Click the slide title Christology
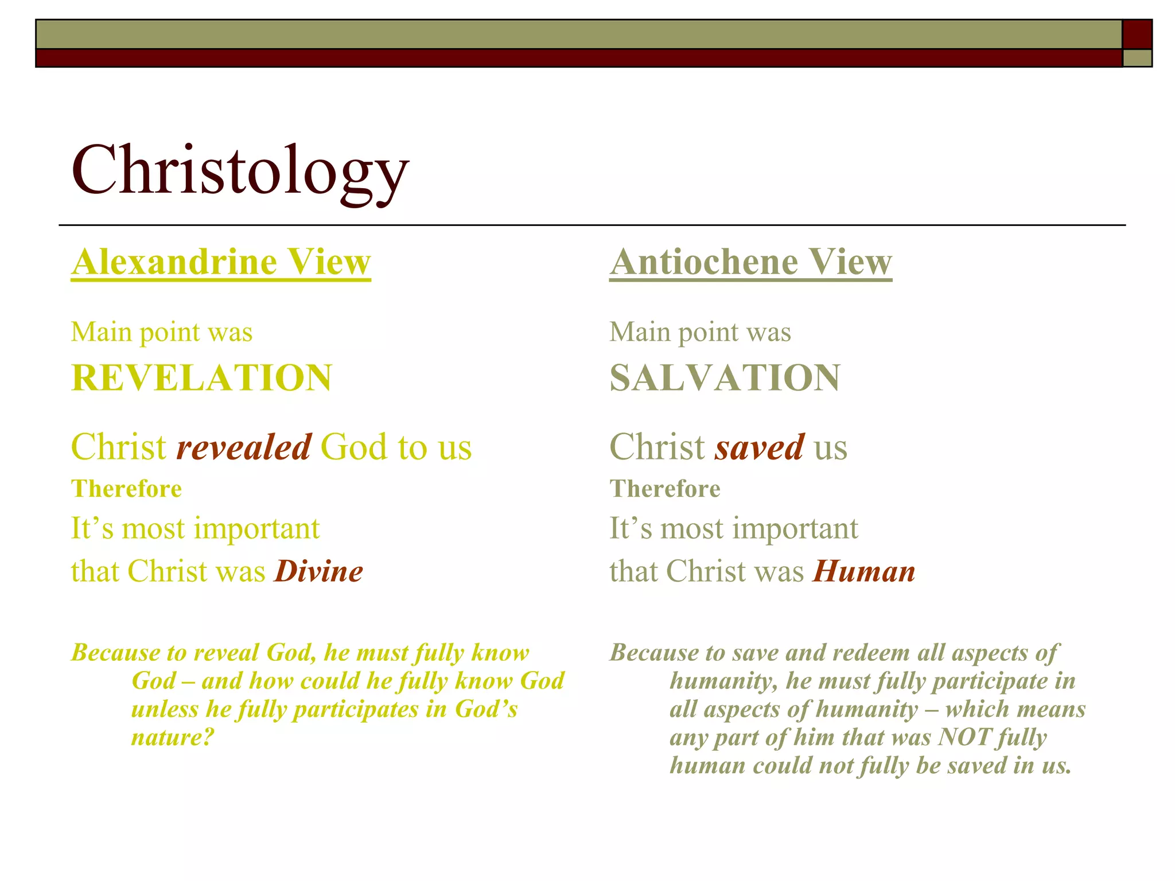pyautogui.click(x=240, y=171)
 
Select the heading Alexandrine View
pyautogui.click(x=221, y=262)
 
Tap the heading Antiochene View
pyautogui.click(x=750, y=262)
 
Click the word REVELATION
pyautogui.click(x=201, y=378)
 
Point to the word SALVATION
pyautogui.click(x=725, y=378)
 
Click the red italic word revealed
pyautogui.click(x=244, y=447)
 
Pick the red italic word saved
pyautogui.click(x=760, y=447)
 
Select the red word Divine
pyautogui.click(x=319, y=572)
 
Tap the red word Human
pyautogui.click(x=864, y=572)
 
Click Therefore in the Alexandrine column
pyautogui.click(x=126, y=489)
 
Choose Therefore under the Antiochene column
pyautogui.click(x=664, y=489)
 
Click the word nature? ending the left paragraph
pyautogui.click(x=172, y=737)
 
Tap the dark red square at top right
pyautogui.click(x=1137, y=34)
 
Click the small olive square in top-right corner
pyautogui.click(x=1137, y=58)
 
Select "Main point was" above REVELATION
pyautogui.click(x=161, y=332)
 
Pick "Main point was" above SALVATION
pyautogui.click(x=700, y=332)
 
